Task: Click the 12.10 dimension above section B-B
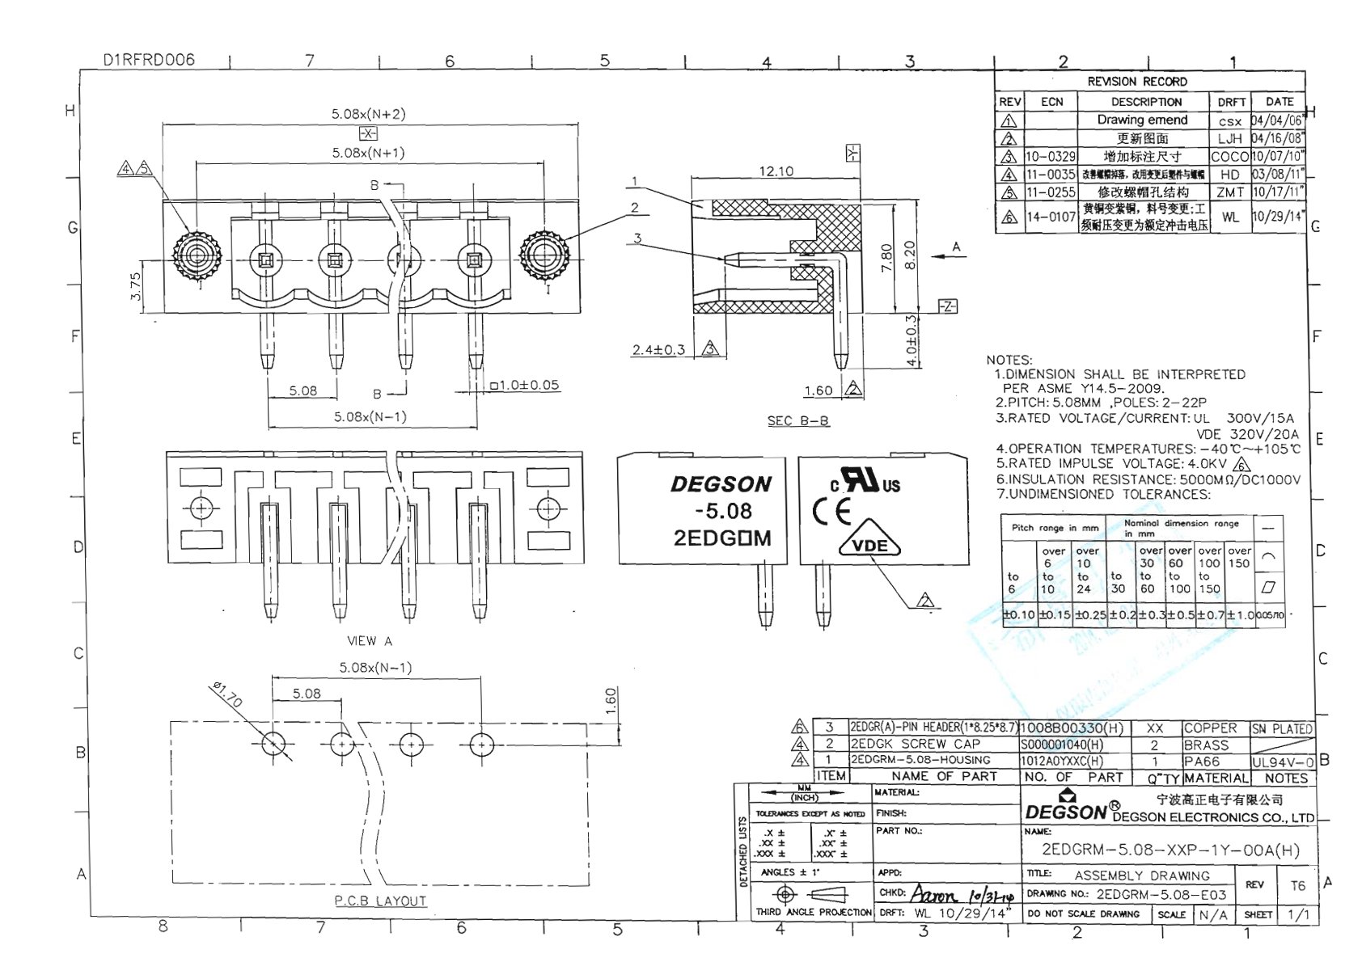coord(776,171)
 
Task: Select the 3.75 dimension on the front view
coord(135,287)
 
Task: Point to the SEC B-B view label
coord(797,421)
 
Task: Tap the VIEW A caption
coord(369,641)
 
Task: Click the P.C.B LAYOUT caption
coord(380,901)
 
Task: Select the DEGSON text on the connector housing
coord(721,484)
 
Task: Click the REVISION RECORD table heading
coord(1136,82)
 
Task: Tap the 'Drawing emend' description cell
coord(1142,120)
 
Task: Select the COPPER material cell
coord(1210,728)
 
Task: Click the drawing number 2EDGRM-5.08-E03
coord(1161,895)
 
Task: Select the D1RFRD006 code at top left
coord(149,60)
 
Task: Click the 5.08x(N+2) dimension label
coord(368,114)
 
